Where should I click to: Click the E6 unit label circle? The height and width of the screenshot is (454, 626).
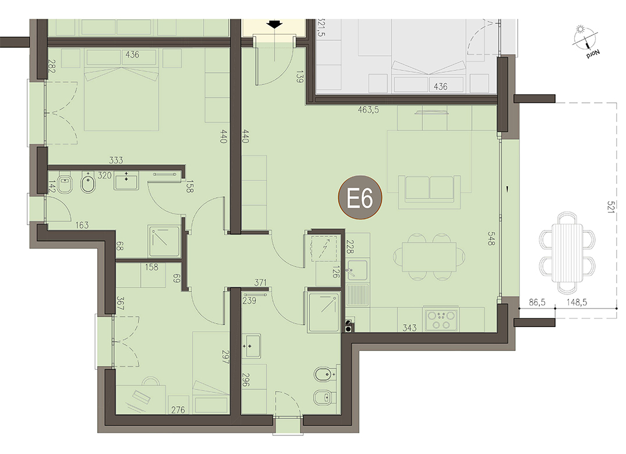(360, 198)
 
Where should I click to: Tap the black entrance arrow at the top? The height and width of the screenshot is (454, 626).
(275, 24)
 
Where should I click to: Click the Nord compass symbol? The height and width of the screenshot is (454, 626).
(585, 40)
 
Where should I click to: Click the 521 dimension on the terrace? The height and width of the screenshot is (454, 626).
(610, 207)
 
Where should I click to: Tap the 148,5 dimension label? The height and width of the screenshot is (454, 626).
(577, 303)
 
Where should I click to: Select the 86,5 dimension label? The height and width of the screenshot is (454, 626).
(537, 303)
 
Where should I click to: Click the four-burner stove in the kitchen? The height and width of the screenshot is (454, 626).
(442, 320)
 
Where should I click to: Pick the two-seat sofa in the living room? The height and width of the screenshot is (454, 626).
(429, 187)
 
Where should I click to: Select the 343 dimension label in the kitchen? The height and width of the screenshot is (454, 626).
(410, 328)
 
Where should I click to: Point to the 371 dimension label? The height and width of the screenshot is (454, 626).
(260, 283)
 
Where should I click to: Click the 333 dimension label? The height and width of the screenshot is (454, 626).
(116, 161)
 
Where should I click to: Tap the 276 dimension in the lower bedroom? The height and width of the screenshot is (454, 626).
(178, 410)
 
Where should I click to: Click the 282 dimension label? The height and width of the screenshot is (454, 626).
(51, 66)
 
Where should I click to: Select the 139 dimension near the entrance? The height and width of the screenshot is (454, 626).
(300, 77)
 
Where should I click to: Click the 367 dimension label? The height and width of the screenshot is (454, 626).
(120, 303)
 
